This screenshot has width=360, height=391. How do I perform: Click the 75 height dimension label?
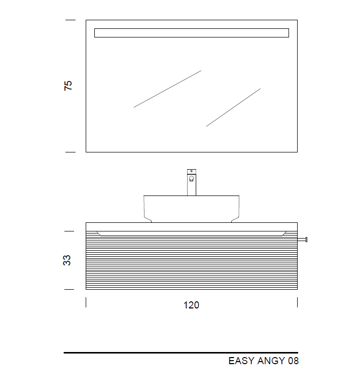coord(68,86)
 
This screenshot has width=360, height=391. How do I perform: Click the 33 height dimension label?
coord(67,260)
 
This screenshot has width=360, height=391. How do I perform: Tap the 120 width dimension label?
coord(191,305)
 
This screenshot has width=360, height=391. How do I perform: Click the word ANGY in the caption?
coord(271,361)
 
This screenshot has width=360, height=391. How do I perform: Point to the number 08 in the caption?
coord(294,361)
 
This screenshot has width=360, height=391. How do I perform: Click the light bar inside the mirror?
coord(192,33)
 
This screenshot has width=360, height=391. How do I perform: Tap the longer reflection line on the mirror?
coord(167,89)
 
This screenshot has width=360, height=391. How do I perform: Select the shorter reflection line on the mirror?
coord(233,107)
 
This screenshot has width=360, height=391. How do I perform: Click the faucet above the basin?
coord(192,182)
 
